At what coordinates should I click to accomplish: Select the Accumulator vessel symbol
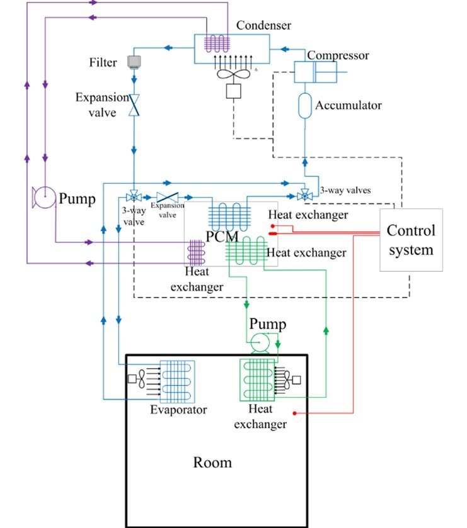pos(305,105)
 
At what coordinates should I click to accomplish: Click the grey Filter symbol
pos(134,62)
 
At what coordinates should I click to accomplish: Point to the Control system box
pos(411,240)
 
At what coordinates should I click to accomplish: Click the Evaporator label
pos(178,410)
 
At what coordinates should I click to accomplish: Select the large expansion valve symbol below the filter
pos(134,104)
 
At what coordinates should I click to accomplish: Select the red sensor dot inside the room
pos(294,413)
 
